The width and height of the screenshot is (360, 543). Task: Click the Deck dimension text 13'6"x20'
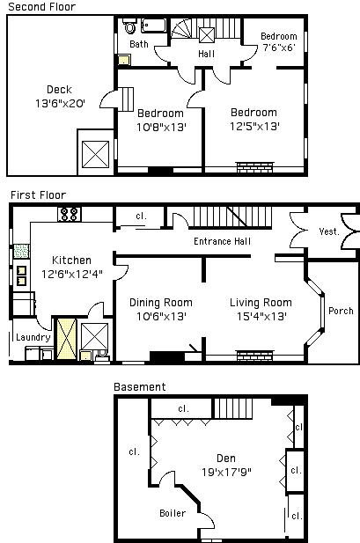(x=60, y=103)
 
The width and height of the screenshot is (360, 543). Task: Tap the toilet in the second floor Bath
(x=129, y=26)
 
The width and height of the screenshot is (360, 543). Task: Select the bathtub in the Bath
(x=154, y=26)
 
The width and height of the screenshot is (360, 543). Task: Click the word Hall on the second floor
(x=206, y=54)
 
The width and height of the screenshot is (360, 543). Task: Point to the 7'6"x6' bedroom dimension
(x=278, y=48)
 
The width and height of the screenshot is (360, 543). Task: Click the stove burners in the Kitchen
(x=70, y=214)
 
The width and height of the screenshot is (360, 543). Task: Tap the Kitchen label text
(x=71, y=260)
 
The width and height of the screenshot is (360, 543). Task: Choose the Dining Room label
(x=161, y=303)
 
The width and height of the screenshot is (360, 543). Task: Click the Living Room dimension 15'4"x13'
(x=261, y=316)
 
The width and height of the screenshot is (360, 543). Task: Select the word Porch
(x=341, y=311)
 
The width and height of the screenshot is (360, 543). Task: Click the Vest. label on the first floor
(x=329, y=231)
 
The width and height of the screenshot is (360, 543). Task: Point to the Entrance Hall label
(x=222, y=241)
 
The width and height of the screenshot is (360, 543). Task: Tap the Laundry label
(x=33, y=337)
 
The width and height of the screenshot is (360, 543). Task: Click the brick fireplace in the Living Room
(x=254, y=356)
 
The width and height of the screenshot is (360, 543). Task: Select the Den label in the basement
(x=226, y=459)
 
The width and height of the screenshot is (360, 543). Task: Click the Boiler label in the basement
(x=173, y=513)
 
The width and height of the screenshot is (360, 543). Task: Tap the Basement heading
(x=140, y=387)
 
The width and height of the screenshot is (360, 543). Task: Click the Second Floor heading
(x=41, y=6)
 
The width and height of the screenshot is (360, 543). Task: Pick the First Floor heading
(x=38, y=195)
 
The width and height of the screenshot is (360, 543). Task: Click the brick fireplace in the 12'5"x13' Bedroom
(x=254, y=167)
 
